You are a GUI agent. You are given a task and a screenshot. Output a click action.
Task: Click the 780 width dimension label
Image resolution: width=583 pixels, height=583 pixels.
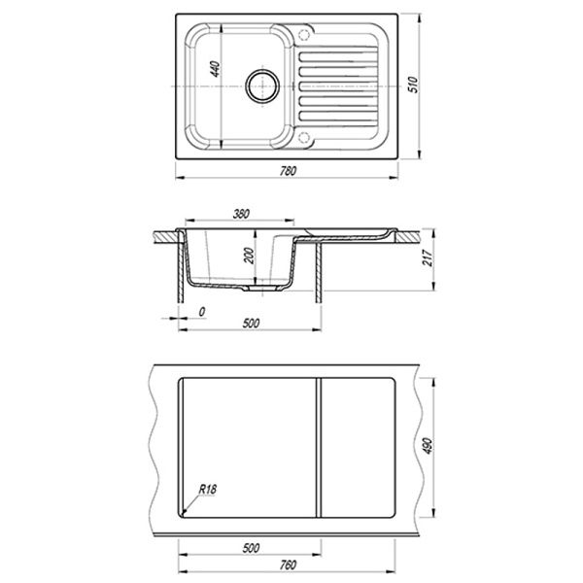[288, 171]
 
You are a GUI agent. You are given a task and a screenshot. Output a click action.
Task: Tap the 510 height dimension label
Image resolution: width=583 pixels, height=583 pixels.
[414, 86]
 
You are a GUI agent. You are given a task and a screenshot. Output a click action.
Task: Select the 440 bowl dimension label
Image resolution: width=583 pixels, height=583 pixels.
[216, 70]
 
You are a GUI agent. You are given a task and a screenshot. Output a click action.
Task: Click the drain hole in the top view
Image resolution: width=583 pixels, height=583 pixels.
[262, 86]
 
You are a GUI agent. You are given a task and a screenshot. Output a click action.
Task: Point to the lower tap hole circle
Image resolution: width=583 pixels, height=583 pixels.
[304, 137]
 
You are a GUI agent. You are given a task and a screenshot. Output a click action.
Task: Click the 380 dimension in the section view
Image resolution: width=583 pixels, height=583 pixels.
[241, 215]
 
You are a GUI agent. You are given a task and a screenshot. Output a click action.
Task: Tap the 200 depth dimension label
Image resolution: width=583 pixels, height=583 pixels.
[250, 256]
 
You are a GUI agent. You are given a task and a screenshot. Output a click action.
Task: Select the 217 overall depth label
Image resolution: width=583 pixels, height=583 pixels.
[429, 258]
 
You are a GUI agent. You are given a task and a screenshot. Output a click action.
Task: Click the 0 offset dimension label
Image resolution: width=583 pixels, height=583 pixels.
[202, 312]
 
